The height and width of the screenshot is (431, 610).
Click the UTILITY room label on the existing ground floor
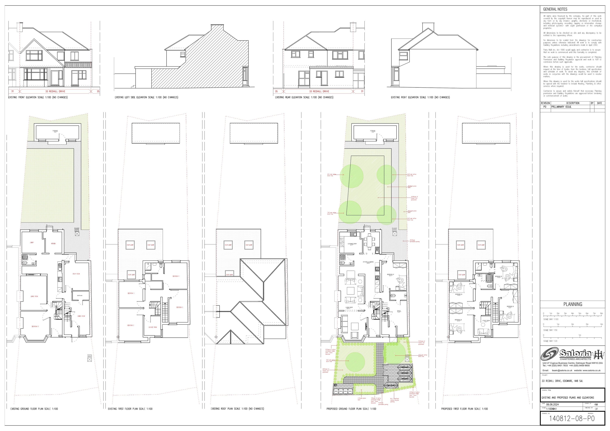pyautogui.click(x=32, y=242)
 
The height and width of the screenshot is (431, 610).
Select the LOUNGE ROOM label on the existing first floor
pyautogui.click(x=152, y=327)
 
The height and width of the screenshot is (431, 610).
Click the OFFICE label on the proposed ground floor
pyautogui.click(x=399, y=312)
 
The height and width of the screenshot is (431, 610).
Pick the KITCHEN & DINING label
pyautogui.click(x=368, y=262)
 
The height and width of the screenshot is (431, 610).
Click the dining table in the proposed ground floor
pyautogui.click(x=370, y=241)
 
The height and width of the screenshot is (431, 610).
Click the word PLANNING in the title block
pyautogui.click(x=573, y=304)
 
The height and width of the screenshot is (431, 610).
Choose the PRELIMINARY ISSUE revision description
pyautogui.click(x=561, y=107)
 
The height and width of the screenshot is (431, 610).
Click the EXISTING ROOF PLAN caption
pyautogui.click(x=237, y=409)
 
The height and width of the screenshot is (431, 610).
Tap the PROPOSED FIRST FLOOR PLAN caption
pyautogui.click(x=464, y=409)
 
